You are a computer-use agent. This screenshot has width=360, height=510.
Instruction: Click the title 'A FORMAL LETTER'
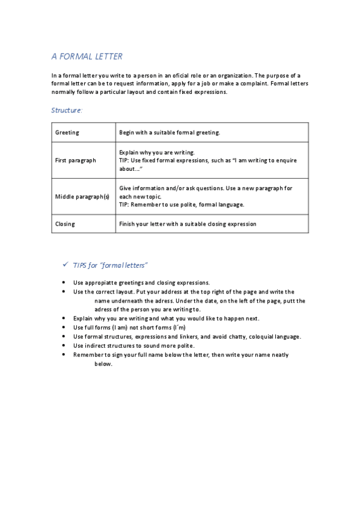click(87, 57)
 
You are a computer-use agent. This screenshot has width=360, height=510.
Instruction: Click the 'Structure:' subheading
click(67, 110)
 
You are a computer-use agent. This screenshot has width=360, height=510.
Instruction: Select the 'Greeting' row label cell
click(67, 132)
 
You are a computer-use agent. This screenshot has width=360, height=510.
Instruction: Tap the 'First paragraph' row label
click(75, 161)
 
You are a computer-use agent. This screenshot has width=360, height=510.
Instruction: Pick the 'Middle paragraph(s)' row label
click(82, 197)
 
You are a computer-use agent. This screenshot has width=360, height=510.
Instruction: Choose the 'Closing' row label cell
click(65, 224)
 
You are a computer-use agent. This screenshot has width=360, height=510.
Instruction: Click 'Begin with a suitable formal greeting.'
click(170, 132)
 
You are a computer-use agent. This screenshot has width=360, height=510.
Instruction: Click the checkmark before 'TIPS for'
click(65, 265)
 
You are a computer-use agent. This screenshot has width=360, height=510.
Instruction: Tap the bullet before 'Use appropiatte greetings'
click(64, 283)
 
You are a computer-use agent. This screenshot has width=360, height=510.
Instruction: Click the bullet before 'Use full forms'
click(64, 327)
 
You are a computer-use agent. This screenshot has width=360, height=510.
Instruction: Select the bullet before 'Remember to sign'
click(64, 355)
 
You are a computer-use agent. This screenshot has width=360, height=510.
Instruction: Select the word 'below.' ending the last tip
click(103, 364)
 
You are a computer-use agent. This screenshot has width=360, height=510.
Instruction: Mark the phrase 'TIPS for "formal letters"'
click(111, 265)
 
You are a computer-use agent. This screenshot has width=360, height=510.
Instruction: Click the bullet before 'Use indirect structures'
click(64, 346)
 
